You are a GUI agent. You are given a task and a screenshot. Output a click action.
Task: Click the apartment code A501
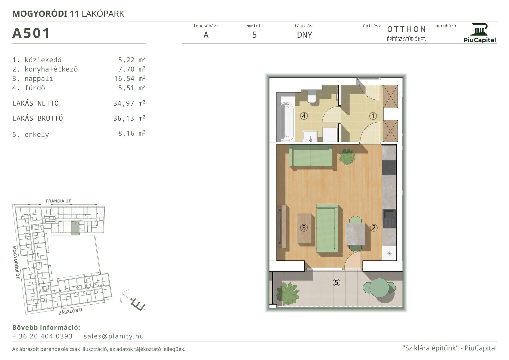coord(31,33)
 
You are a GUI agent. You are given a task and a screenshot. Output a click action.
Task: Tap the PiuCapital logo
coord(479,33)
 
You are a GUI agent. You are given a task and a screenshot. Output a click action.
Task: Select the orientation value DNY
coord(304,35)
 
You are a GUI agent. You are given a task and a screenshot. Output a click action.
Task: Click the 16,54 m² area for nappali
coord(130,78)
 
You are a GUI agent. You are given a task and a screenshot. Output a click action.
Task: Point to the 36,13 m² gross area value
coord(129,118)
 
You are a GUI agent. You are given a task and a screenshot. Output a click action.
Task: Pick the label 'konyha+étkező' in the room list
coord(51,69)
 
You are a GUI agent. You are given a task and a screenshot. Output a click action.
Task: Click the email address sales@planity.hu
coord(114,336)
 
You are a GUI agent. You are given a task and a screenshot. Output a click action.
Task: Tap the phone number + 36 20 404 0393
coord(42,336)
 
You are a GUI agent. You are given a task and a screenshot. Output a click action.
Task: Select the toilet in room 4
coord(311,97)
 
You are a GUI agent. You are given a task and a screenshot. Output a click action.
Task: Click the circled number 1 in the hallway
coord(373,116)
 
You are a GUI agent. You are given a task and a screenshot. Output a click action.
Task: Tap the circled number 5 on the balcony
coord(336,283)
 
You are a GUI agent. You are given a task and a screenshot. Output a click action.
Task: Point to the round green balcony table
coord(379,287)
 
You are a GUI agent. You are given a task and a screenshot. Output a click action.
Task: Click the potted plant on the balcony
coord(288,294)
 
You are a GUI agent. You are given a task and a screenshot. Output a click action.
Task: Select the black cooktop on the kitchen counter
coord(389,167)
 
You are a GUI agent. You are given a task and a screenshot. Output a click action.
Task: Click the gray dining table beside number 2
coord(356,234)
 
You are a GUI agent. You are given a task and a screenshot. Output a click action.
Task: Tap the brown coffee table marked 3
coord(304,228)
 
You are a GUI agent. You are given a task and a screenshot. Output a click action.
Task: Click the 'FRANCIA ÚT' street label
coord(58,201)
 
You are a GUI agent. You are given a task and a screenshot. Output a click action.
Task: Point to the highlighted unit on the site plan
coord(75,228)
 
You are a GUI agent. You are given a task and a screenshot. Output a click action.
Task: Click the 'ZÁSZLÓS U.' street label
coord(71,311)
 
